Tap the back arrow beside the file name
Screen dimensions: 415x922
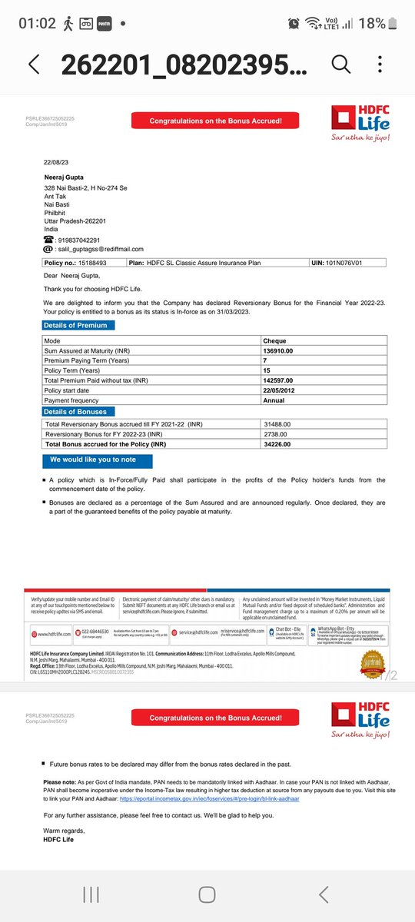point(33,65)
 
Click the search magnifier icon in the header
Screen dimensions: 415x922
point(340,65)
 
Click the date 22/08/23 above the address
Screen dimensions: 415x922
point(55,163)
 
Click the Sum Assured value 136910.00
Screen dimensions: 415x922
point(278,350)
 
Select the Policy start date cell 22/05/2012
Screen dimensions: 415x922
point(281,390)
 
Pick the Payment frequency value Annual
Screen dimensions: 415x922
point(274,400)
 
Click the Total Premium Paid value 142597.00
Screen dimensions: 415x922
point(278,380)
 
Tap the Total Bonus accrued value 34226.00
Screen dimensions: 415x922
point(277,444)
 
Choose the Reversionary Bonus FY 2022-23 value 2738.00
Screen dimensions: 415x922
point(275,434)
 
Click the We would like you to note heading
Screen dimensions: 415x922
point(98,459)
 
